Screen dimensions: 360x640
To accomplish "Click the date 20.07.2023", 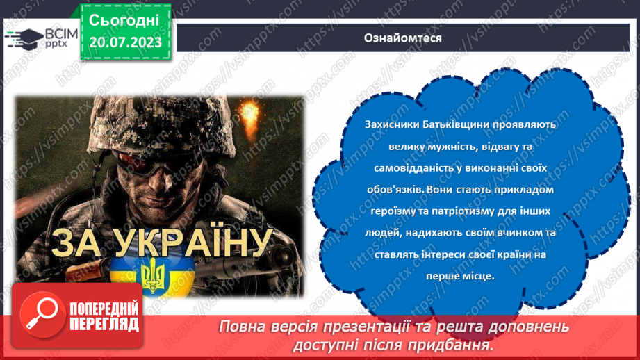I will tap(125, 42).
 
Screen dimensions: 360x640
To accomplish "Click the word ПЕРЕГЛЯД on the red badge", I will tap(105, 324).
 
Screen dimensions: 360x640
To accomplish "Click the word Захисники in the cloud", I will tap(390, 124).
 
